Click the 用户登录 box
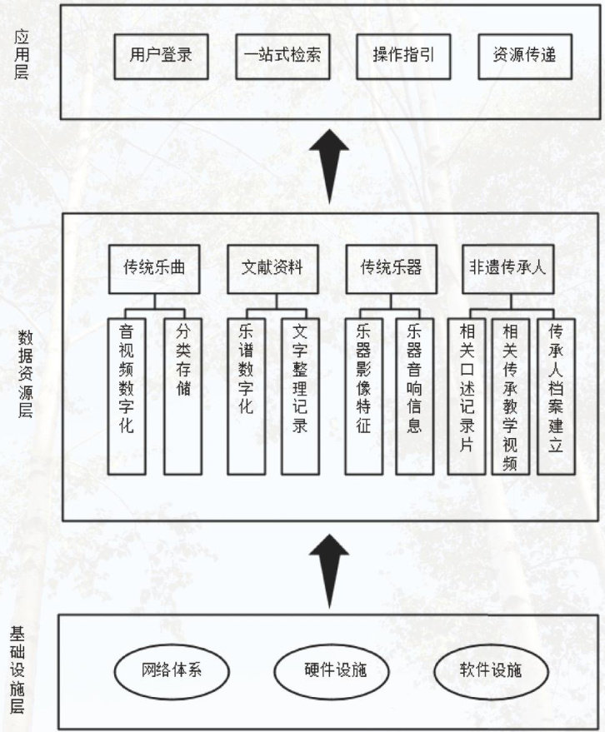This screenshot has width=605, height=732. click(x=161, y=57)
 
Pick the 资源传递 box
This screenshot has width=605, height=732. click(x=525, y=57)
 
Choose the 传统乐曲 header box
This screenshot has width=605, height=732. click(x=154, y=268)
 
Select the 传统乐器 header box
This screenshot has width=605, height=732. click(x=391, y=268)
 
